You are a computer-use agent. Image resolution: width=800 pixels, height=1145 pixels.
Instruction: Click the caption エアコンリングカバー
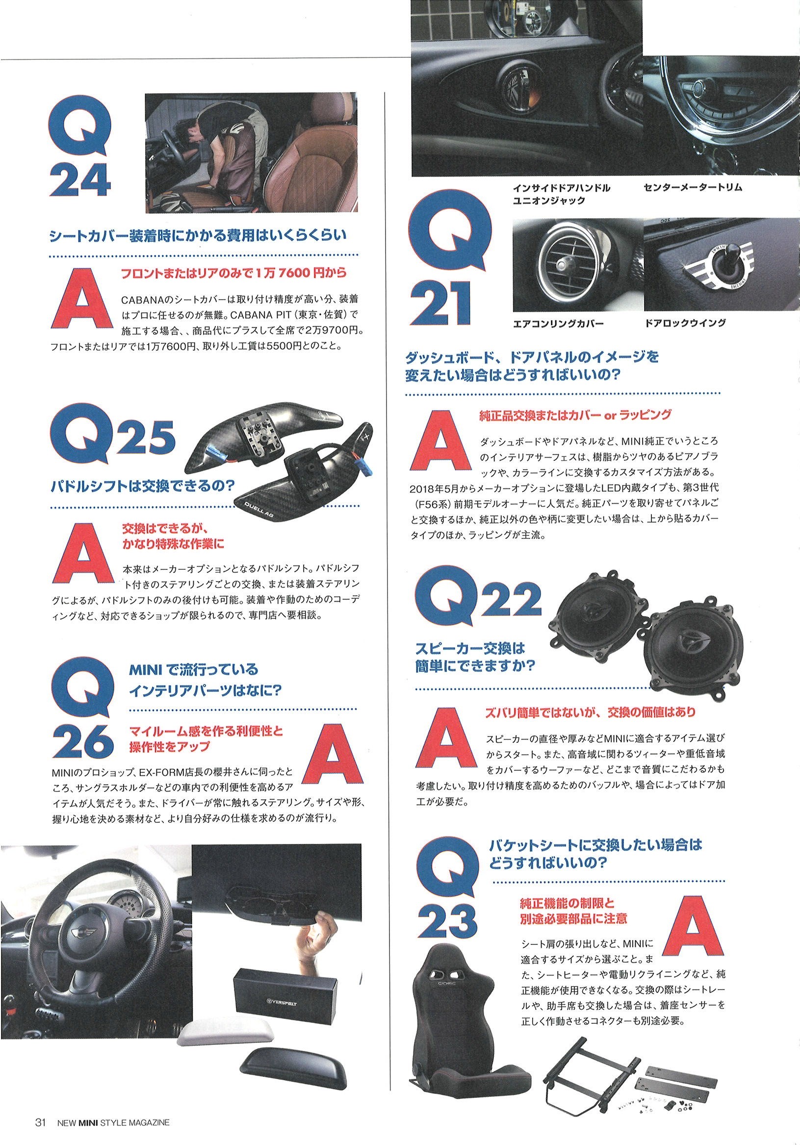tap(558, 324)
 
